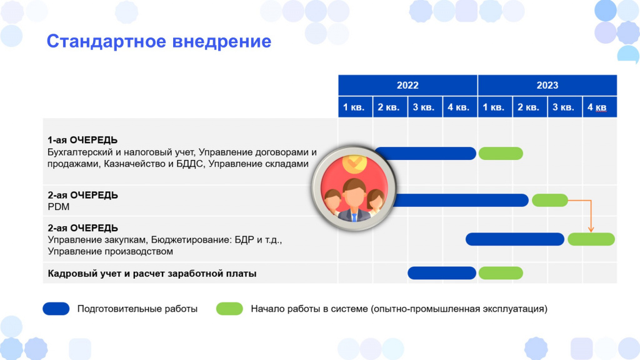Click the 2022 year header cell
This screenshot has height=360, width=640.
tap(407, 85)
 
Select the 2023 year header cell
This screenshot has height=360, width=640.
tap(547, 85)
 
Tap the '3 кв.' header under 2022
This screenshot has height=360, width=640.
tap(425, 107)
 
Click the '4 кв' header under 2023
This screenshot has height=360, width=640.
tap(599, 107)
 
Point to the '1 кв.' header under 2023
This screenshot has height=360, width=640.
tap(495, 107)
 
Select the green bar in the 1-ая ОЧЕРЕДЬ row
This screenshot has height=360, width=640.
tap(501, 154)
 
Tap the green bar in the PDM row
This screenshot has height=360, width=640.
tap(550, 201)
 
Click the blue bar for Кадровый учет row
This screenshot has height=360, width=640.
tap(442, 273)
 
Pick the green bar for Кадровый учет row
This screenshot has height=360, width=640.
tap(501, 273)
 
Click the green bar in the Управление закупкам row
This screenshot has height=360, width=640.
tap(591, 239)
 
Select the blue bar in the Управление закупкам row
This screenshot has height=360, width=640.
tap(515, 239)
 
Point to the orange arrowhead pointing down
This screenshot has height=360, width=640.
tap(591, 230)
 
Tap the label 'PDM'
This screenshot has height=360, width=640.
tap(58, 207)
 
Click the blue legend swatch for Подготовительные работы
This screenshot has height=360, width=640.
tap(56, 309)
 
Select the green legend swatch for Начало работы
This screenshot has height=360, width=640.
tap(229, 309)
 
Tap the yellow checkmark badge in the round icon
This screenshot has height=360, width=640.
tap(354, 163)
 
